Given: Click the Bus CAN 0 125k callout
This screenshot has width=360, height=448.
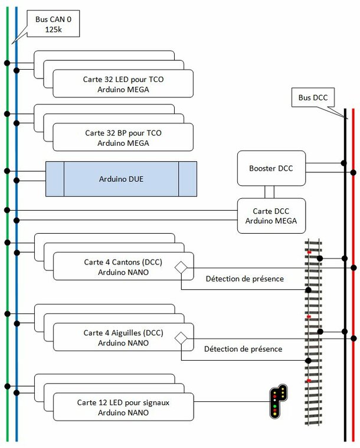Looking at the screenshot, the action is point(53,24).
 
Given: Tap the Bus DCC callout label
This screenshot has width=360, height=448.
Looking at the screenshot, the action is point(313,98).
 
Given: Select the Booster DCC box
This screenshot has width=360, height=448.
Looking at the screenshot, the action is point(271,168).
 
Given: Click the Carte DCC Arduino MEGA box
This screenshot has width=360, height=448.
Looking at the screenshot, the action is point(271,216).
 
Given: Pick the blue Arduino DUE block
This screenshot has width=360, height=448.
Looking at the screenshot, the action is point(121,179).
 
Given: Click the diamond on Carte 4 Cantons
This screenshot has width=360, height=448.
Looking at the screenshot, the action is point(181,268).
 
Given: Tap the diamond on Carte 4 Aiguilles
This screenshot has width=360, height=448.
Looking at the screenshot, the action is point(181,339).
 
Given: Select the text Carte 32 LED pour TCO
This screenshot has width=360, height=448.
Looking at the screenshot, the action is point(123,79).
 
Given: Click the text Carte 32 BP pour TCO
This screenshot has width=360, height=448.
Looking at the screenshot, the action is point(123,133).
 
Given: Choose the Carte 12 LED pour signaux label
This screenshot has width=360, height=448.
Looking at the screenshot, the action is point(123,403).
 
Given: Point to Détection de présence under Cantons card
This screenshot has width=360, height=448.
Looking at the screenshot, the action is point(245,279).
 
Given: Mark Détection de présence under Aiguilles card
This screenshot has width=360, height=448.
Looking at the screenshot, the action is point(243,349).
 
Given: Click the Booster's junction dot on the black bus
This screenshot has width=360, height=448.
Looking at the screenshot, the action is point(344,163).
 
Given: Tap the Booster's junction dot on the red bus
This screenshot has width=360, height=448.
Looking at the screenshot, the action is point(354,172).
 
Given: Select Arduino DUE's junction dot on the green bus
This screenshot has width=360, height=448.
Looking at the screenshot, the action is point(7,171).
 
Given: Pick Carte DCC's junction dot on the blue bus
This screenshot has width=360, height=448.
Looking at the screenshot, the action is point(17,220).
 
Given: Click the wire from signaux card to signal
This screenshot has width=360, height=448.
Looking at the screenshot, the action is point(232,401).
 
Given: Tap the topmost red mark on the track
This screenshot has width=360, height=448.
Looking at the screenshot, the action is point(309,252).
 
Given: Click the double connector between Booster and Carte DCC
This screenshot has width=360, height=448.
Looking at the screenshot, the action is point(269,192).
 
